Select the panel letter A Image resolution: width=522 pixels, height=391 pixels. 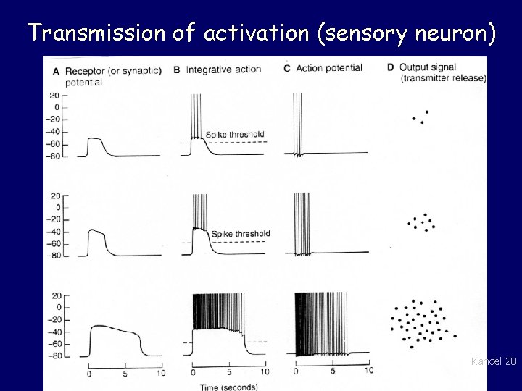[x=57, y=70]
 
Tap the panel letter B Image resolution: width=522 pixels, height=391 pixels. [x=177, y=70]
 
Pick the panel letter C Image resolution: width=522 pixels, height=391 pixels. [x=287, y=69]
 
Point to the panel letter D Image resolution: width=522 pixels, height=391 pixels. [x=391, y=68]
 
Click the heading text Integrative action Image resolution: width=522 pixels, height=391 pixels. [x=223, y=70]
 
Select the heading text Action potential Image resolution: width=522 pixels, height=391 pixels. [x=329, y=69]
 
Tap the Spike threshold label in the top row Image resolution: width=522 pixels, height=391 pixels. [x=235, y=135]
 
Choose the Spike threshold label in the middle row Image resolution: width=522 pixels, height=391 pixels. [x=241, y=233]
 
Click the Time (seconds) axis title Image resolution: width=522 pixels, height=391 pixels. [x=228, y=387]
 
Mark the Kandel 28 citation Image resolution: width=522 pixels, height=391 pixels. [x=494, y=361]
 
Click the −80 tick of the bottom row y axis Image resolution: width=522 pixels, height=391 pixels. [x=53, y=356]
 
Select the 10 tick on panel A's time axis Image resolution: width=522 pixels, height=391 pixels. [x=160, y=373]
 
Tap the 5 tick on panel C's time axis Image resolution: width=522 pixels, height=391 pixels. [x=333, y=371]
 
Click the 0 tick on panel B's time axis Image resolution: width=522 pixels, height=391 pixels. [x=193, y=373]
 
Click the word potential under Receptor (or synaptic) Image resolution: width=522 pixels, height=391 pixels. [x=83, y=82]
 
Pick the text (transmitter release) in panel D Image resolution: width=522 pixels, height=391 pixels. [x=442, y=78]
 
